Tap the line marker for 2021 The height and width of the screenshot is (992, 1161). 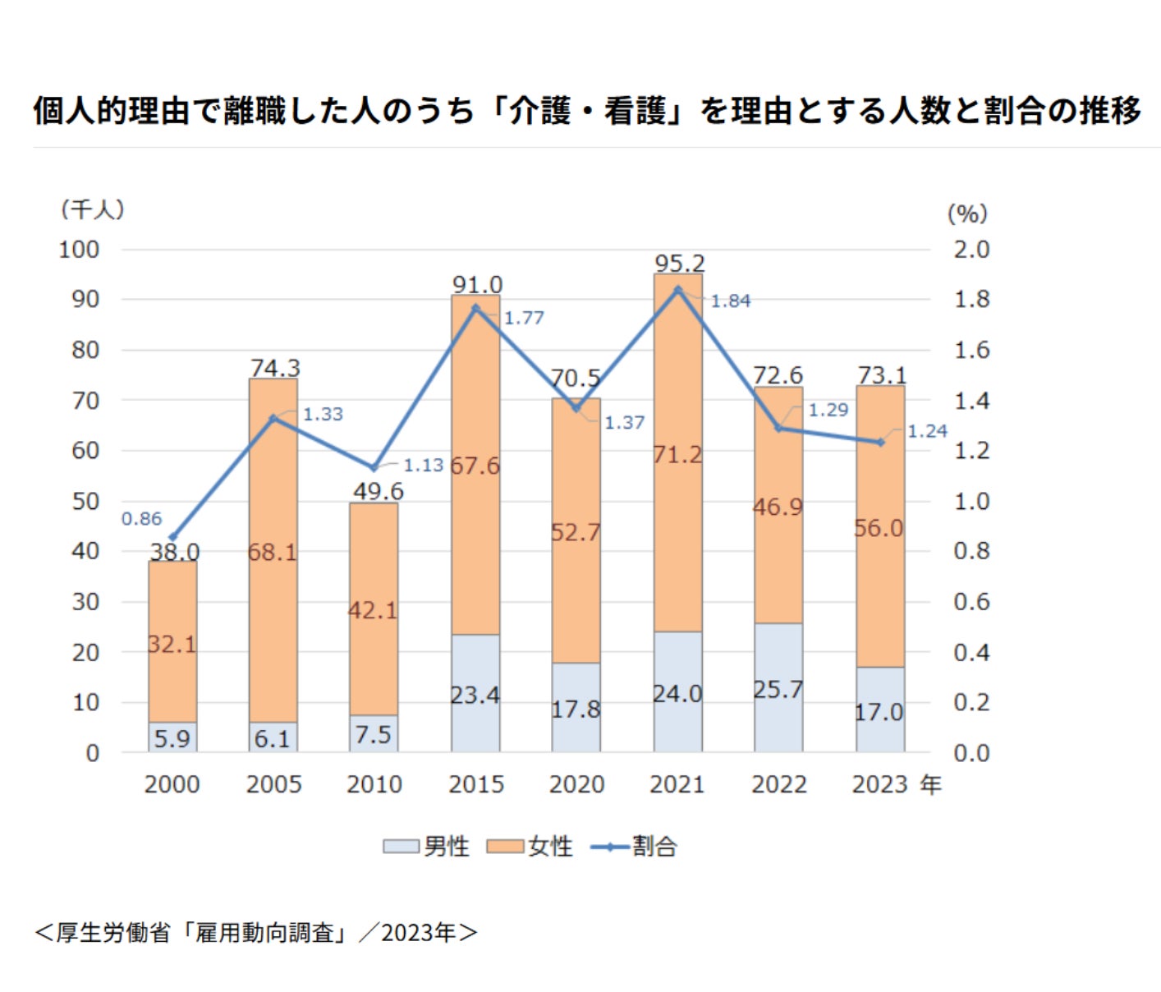[x=678, y=290]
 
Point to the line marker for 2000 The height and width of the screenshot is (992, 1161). [x=172, y=537]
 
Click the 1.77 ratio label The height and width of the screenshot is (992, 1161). [x=524, y=318]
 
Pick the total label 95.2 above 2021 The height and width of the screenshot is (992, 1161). [x=679, y=263]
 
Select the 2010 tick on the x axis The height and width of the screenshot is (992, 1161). [x=374, y=784]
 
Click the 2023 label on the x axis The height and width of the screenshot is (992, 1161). [x=879, y=784]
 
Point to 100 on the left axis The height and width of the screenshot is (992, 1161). [x=79, y=250]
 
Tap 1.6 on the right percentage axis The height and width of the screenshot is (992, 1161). [x=971, y=350]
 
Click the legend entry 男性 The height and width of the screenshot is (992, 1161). [x=427, y=846]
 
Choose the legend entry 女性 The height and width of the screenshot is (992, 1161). [x=530, y=846]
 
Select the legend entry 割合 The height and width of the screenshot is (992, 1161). [x=634, y=846]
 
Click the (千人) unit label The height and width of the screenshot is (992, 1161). [x=92, y=209]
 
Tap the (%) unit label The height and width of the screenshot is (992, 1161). [x=967, y=214]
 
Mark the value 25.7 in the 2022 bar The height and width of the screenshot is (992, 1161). [x=778, y=690]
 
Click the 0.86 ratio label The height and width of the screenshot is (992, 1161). [x=142, y=519]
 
